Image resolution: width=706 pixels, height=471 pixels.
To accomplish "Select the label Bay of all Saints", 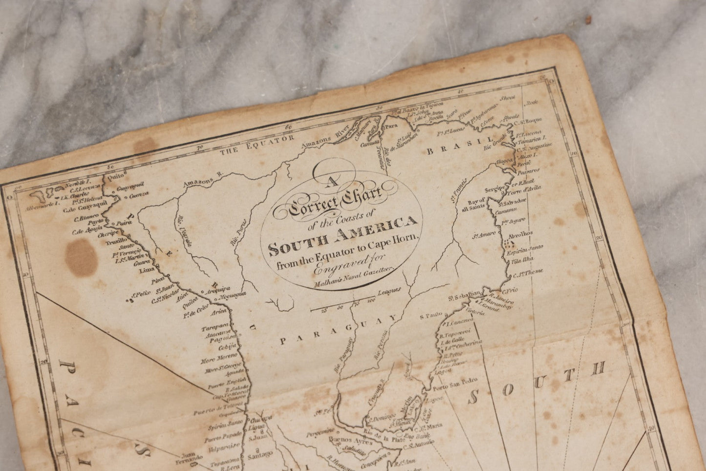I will pyautogui.click(x=475, y=204).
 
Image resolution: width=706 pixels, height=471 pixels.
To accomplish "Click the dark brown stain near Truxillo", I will pyautogui.click(x=80, y=256).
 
